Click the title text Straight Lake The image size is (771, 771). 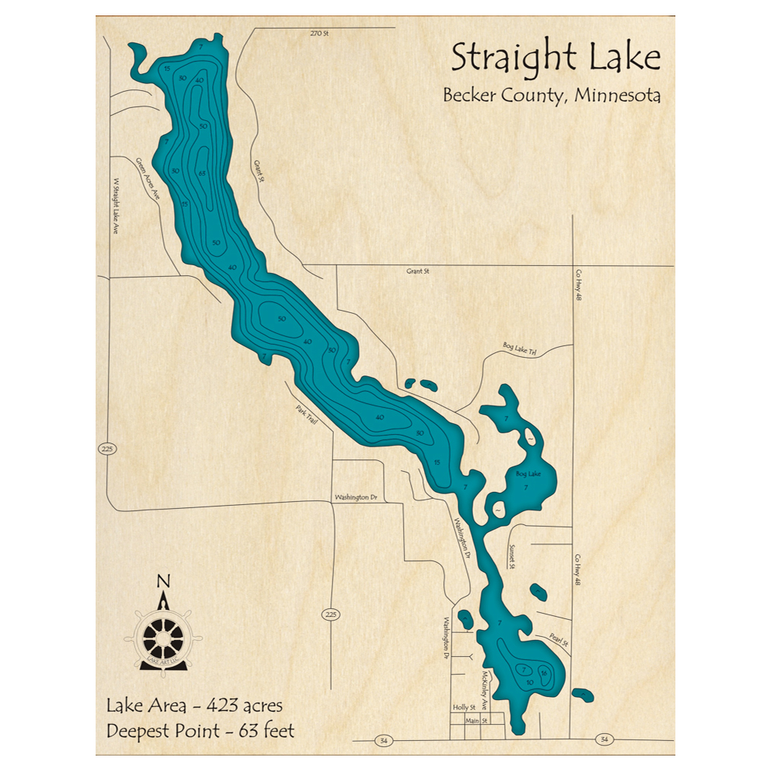coord(555,59)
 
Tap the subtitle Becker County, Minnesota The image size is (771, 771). coord(551,96)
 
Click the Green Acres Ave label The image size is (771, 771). coord(146,180)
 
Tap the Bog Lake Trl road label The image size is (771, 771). coord(519,350)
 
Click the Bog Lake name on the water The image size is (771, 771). coord(528,474)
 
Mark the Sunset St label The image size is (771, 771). coord(511,557)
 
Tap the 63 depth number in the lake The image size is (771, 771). coord(201,173)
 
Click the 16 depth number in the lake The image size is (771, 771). coord(544,673)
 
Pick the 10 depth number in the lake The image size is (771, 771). coord(529,683)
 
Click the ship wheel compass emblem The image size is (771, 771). coord(163,638)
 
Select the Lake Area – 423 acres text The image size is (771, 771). coord(194,705)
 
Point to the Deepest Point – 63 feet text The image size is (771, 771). coord(200,731)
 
